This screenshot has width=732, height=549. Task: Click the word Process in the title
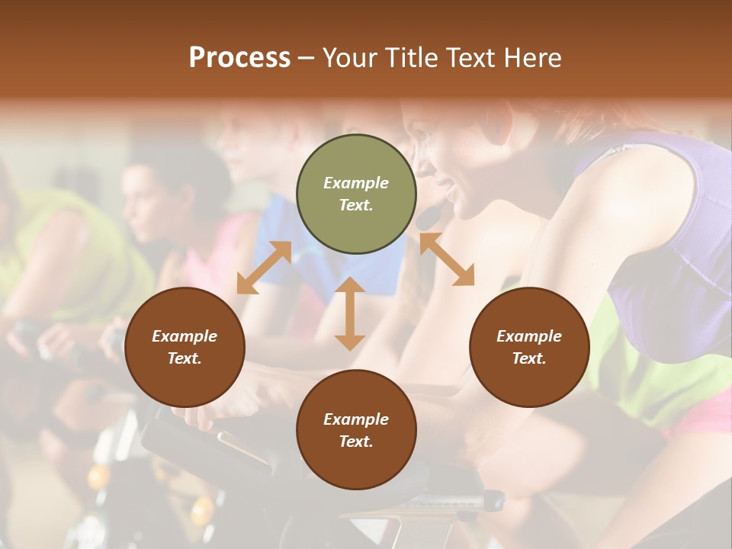239,58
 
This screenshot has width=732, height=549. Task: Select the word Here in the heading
531,58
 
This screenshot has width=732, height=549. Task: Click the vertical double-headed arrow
350,313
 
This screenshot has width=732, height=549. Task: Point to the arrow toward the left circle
264,268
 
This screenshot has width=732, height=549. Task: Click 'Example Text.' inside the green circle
356,194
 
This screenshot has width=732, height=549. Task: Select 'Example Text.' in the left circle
185,347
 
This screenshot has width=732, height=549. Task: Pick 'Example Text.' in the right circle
529,347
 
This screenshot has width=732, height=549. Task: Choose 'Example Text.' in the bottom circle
356,430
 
